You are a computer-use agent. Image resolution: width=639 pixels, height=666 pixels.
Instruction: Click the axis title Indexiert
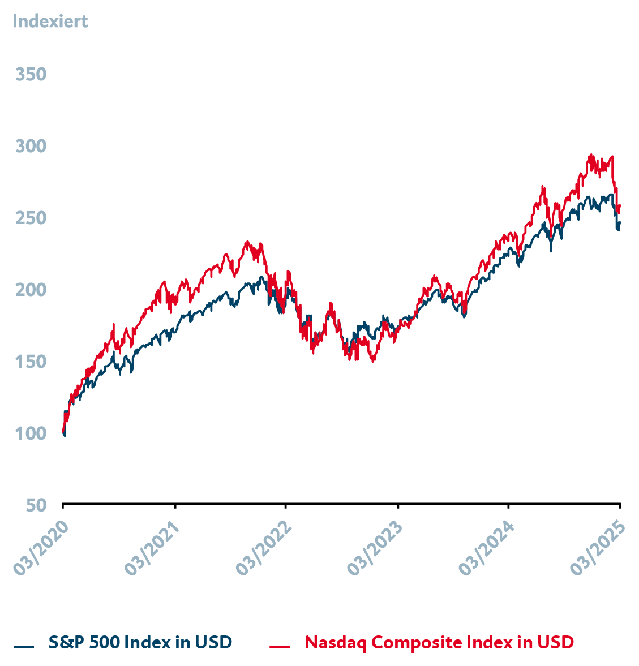[50, 22]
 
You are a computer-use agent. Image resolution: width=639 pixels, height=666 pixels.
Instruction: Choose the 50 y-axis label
[36, 505]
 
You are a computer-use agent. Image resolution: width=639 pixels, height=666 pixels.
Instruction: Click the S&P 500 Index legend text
[140, 643]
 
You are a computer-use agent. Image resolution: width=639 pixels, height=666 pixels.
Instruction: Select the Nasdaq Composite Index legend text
[439, 643]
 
